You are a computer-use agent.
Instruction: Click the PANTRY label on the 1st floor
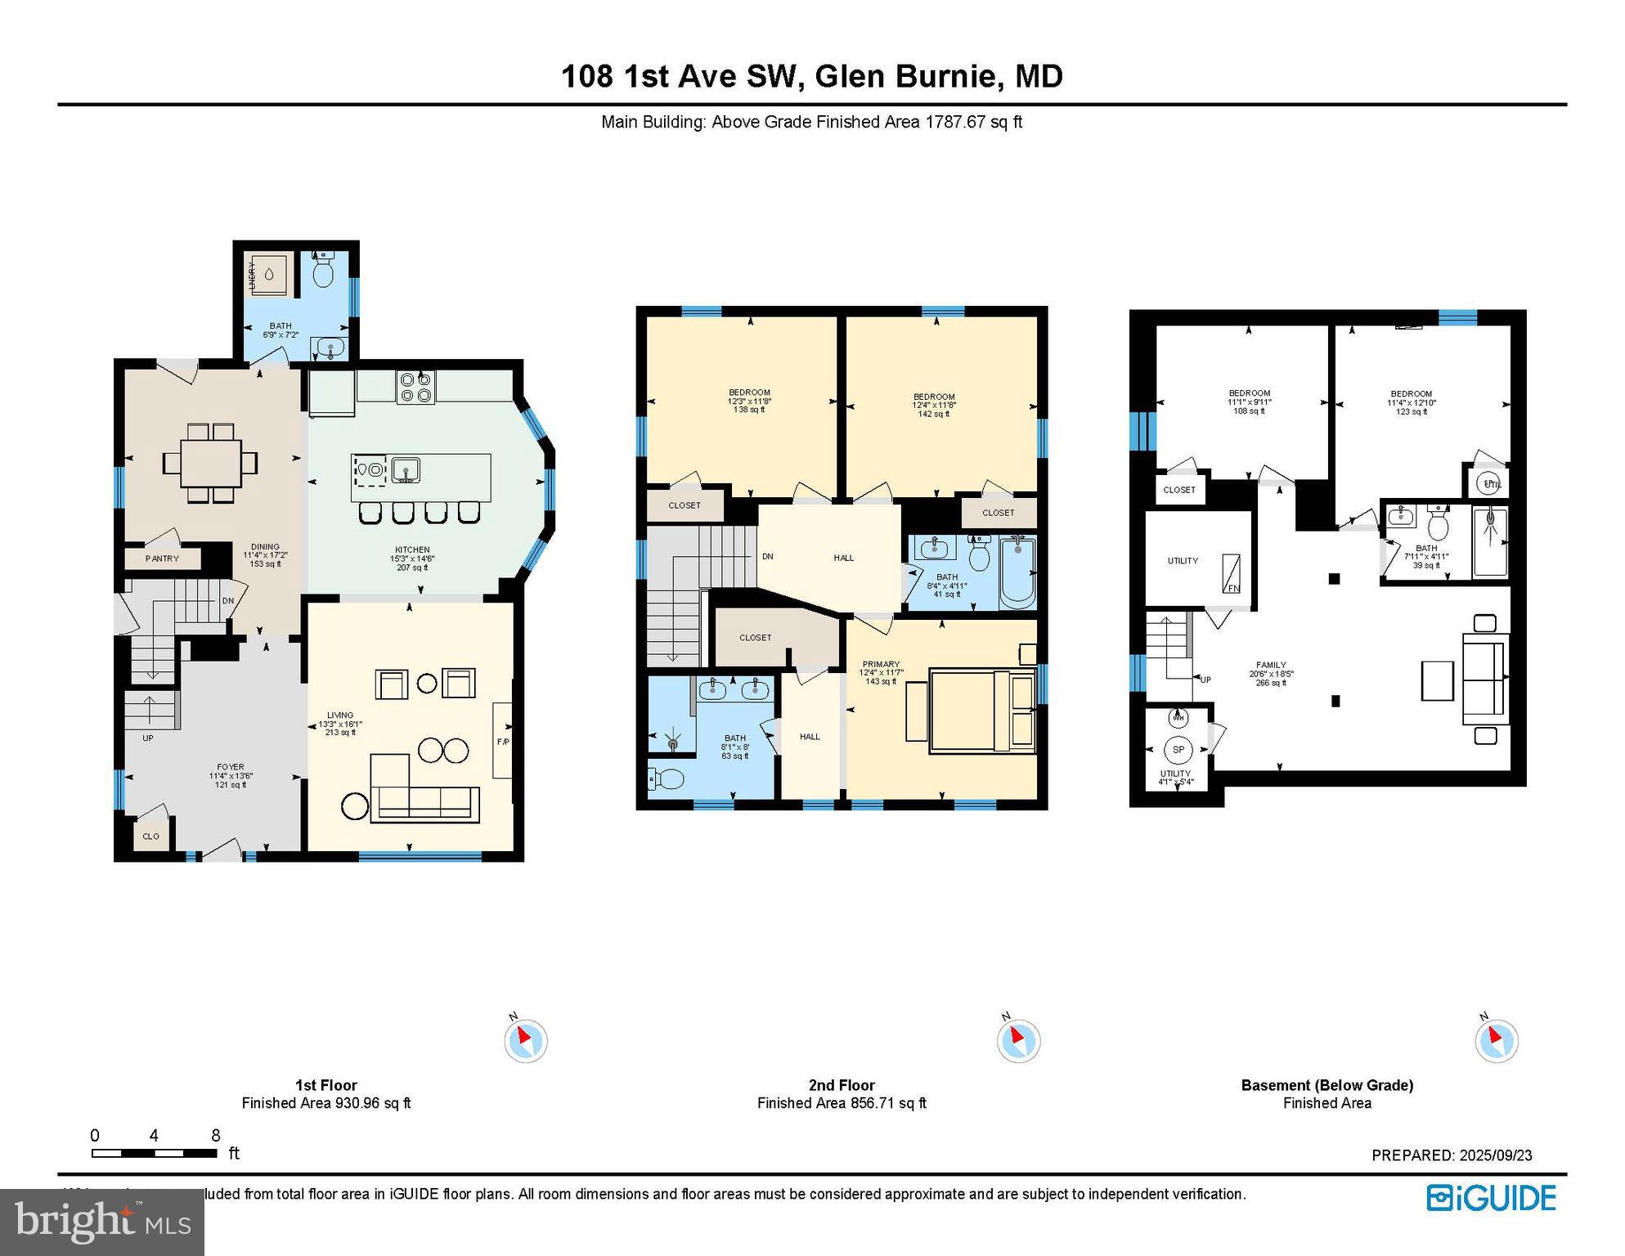[162, 558]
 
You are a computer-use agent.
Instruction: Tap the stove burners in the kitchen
[415, 387]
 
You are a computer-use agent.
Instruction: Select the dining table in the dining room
[211, 463]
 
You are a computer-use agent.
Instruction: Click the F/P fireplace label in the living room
[502, 742]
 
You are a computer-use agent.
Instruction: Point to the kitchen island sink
[406, 471]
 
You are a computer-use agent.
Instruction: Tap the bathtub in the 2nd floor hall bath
[1017, 572]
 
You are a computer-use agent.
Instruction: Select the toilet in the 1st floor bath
[324, 271]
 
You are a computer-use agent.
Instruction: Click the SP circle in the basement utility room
[1178, 749]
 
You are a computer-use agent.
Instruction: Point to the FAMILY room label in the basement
[1270, 666]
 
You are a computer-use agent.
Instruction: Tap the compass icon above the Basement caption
[1497, 1041]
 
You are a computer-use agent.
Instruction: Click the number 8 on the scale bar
[215, 1135]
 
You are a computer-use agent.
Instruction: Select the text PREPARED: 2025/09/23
[1452, 1155]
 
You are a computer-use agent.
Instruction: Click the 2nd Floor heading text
[842, 1085]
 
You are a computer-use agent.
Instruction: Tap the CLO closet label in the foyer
[150, 837]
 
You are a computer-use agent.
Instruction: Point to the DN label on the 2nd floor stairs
[767, 557]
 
